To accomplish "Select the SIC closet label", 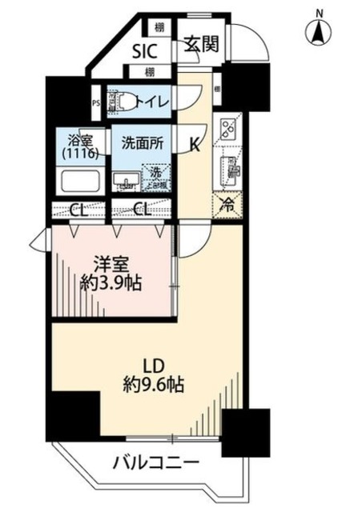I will pos(146,52).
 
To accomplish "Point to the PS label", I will pos(96,102).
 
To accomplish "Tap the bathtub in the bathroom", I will pos(78,182).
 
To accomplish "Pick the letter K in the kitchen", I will pos(195,144).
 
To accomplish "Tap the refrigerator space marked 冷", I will pos(227,204).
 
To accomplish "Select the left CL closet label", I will pos(78,211).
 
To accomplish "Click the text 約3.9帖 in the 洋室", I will pos(111,283).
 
